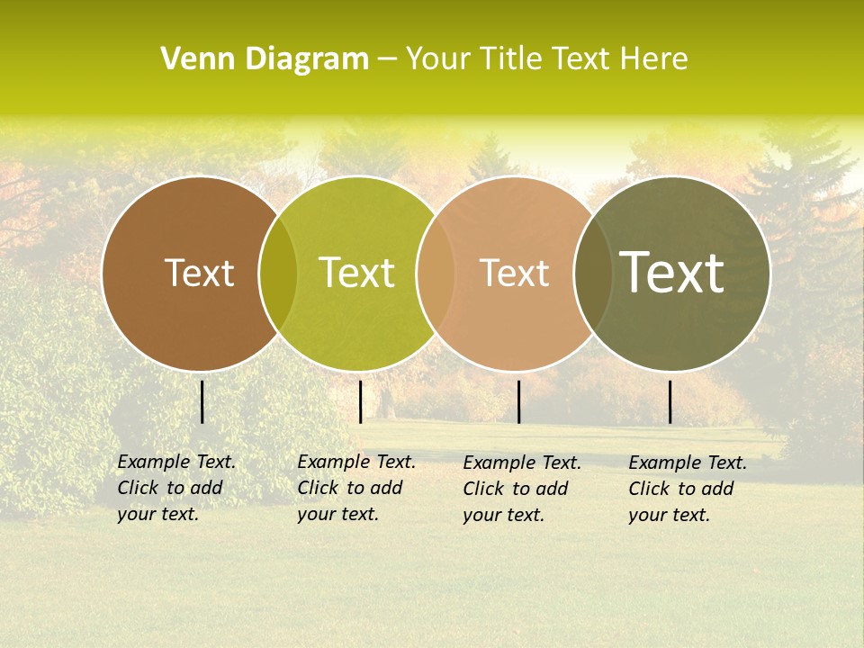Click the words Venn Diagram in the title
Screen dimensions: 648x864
[x=265, y=59]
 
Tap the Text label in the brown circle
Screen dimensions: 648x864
[x=199, y=273]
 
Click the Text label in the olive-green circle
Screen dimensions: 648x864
[x=356, y=273]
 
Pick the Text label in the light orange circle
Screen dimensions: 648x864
[x=514, y=273]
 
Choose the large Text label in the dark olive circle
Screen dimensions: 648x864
[x=672, y=273]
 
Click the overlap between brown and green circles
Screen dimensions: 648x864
[x=278, y=273]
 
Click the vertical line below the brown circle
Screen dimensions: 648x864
[x=202, y=401]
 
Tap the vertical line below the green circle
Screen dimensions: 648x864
[x=360, y=401]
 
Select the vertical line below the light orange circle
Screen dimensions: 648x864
[x=518, y=401]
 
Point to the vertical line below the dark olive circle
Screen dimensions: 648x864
[x=670, y=401]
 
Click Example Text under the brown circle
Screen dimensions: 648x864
[x=176, y=462]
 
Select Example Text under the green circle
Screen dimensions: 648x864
[x=356, y=462]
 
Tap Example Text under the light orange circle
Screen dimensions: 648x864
[x=522, y=463]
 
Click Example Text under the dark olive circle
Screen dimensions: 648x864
[x=688, y=463]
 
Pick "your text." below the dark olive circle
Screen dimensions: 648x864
[x=669, y=515]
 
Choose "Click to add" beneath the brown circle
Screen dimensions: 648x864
[x=170, y=488]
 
